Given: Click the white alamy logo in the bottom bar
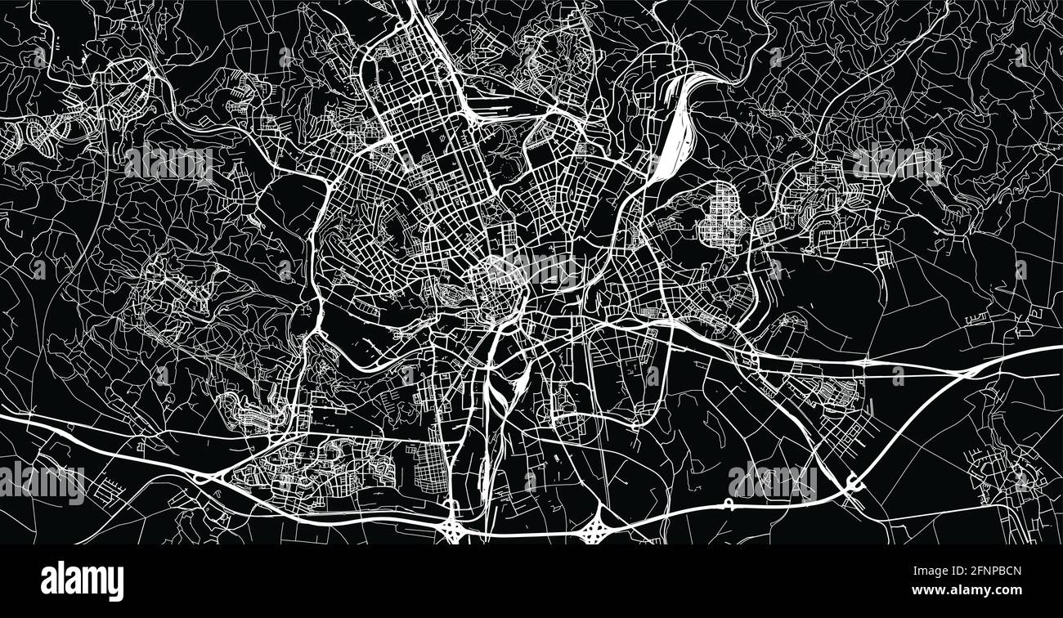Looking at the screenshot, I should tap(82, 580).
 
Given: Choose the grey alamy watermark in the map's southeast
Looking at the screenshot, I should tap(771, 482).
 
